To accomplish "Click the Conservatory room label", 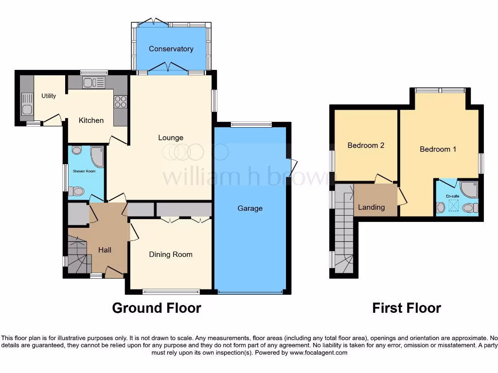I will click(171, 49).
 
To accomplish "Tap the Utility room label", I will click(49, 96).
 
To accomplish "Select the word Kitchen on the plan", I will click(91, 120).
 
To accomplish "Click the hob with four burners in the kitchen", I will click(120, 102).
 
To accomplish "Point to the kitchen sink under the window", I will click(93, 83).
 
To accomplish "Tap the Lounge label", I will click(171, 137).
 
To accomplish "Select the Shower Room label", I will click(84, 171).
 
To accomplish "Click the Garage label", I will click(250, 208).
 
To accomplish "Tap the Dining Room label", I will click(171, 254).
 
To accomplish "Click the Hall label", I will click(105, 250).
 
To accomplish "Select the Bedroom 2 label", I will click(366, 145).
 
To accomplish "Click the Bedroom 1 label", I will click(438, 149).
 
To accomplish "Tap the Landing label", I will click(371, 207).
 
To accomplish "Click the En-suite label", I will click(453, 196).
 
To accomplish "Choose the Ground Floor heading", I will click(157, 308).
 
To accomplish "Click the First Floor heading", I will click(407, 308).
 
